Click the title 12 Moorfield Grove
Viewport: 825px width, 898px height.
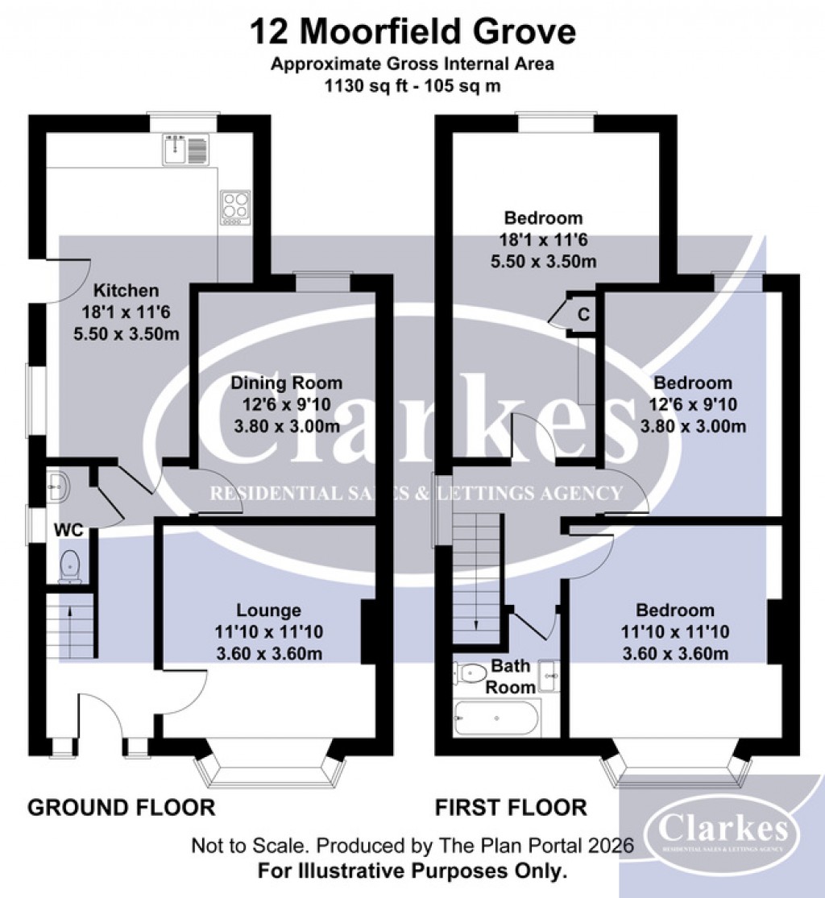(x=412, y=32)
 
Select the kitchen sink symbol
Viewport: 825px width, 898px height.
(x=185, y=151)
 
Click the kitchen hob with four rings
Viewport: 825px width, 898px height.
(x=235, y=206)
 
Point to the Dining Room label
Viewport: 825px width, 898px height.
(x=287, y=383)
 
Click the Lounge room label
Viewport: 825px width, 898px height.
(x=269, y=610)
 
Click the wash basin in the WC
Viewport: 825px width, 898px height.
(x=57, y=484)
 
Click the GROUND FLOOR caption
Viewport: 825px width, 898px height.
(x=122, y=807)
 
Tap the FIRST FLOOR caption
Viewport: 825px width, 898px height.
(x=511, y=807)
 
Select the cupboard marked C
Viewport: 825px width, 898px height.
(x=584, y=315)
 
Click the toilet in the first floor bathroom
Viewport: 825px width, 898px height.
(x=468, y=672)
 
